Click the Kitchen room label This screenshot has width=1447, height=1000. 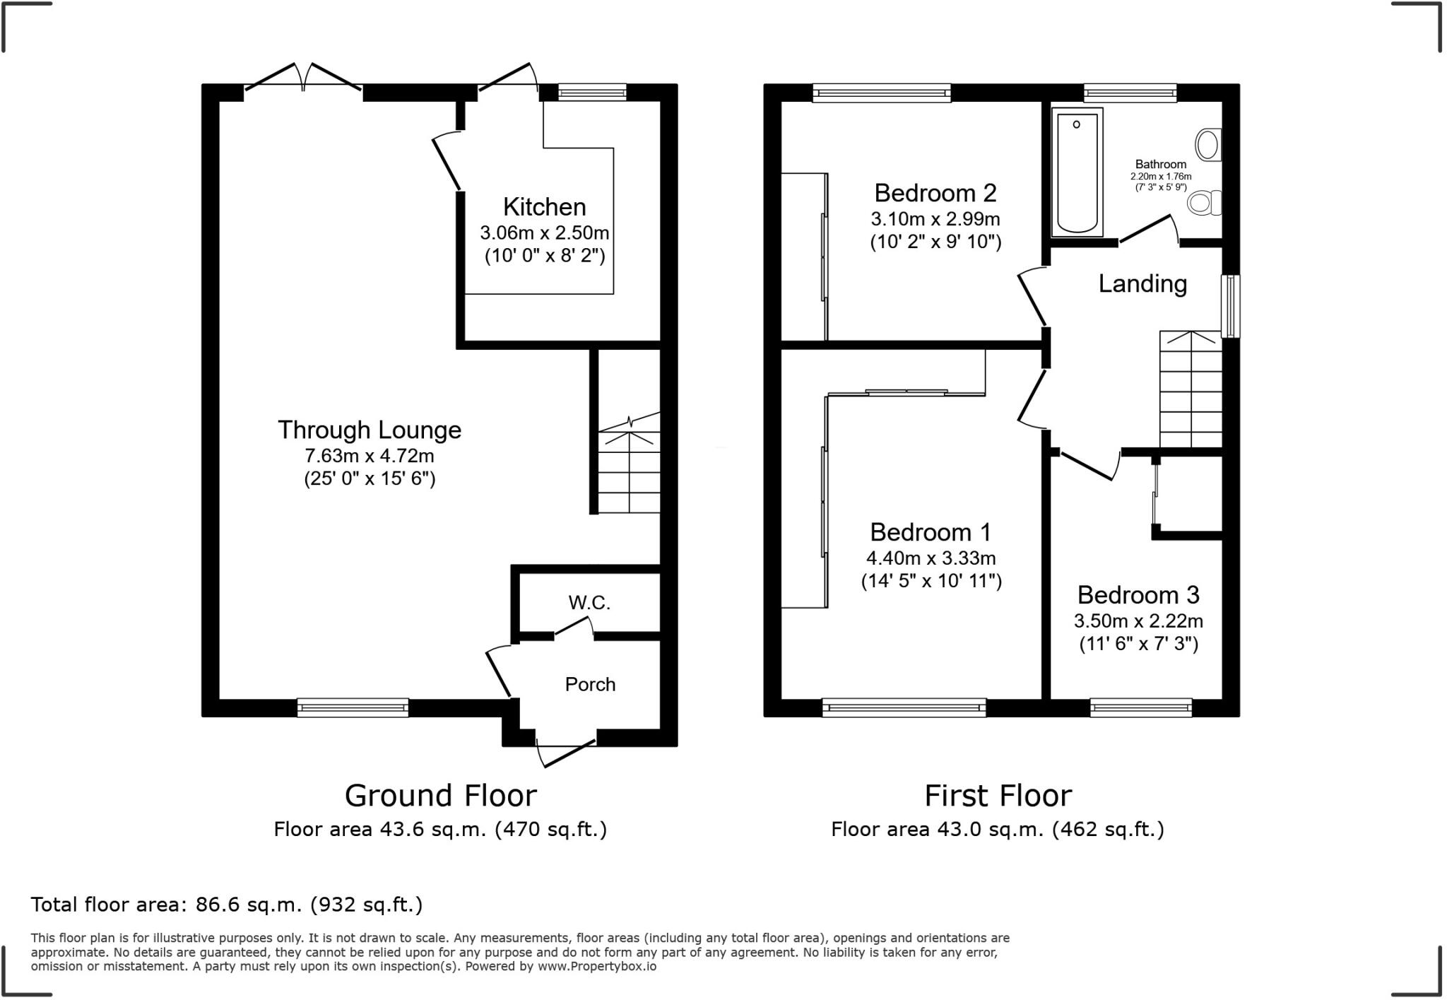[x=544, y=207]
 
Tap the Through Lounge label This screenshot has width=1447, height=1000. [x=369, y=430]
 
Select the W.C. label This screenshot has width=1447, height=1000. [x=589, y=603]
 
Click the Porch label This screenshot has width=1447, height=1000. [x=590, y=684]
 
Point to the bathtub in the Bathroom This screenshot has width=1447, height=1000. [x=1077, y=172]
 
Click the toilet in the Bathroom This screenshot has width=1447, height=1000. [x=1203, y=203]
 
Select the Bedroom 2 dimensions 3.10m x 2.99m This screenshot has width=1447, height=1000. [x=935, y=219]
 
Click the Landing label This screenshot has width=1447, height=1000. [x=1142, y=284]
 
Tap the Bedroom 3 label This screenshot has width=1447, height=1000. [x=1138, y=595]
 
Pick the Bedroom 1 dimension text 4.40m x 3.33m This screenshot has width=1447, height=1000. [x=931, y=558]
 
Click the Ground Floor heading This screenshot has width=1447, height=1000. [x=440, y=796]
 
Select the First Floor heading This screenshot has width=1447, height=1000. [x=998, y=796]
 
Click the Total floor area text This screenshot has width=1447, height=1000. [x=226, y=905]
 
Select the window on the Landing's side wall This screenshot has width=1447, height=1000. [x=1231, y=306]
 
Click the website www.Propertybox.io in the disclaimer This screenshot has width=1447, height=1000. [x=597, y=966]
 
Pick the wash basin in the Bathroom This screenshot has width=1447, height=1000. [x=1208, y=145]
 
